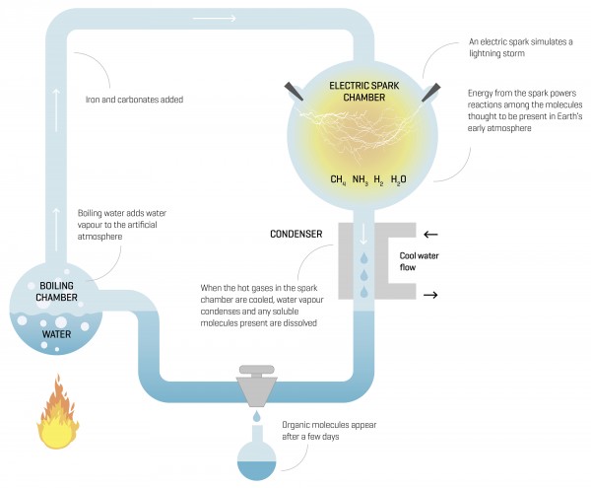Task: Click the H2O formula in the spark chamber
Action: pos(398,180)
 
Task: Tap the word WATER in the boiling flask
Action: pos(56,333)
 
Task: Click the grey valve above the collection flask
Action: pos(254,384)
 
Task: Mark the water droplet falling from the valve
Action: pos(254,419)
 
